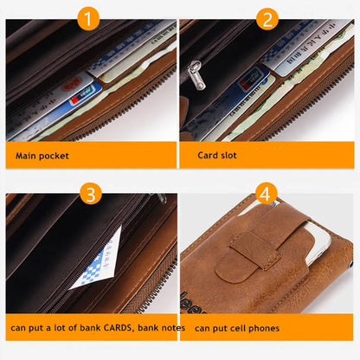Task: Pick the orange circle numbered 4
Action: pos(267,192)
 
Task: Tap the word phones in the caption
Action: pos(280,329)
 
